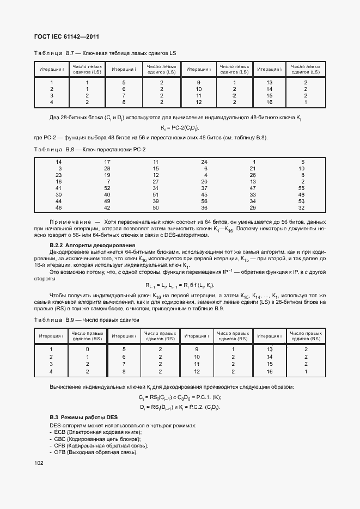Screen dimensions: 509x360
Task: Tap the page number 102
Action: pyautogui.click(x=38, y=463)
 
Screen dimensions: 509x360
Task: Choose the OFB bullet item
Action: pyautogui.click(x=95, y=452)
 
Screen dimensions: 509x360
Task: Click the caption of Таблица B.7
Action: pyautogui.click(x=105, y=53)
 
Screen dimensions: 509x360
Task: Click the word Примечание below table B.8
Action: pyautogui.click(x=70, y=223)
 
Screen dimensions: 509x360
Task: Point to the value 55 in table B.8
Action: pyautogui.click(x=302, y=187)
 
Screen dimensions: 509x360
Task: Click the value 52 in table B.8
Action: pyautogui.click(x=107, y=187)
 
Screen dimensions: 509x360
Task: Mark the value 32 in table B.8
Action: pyautogui.click(x=302, y=208)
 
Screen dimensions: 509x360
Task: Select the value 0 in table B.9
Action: pyautogui.click(x=88, y=349)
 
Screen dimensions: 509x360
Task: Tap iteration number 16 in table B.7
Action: pyautogui.click(x=269, y=102)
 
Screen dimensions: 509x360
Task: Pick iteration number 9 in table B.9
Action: pyautogui.click(x=197, y=349)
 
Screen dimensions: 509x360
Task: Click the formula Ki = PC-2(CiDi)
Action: pyautogui.click(x=180, y=128)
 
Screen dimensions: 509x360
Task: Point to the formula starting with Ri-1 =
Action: pyautogui.click(x=180, y=286)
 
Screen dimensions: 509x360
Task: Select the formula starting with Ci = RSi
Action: pyautogui.click(x=180, y=397)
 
